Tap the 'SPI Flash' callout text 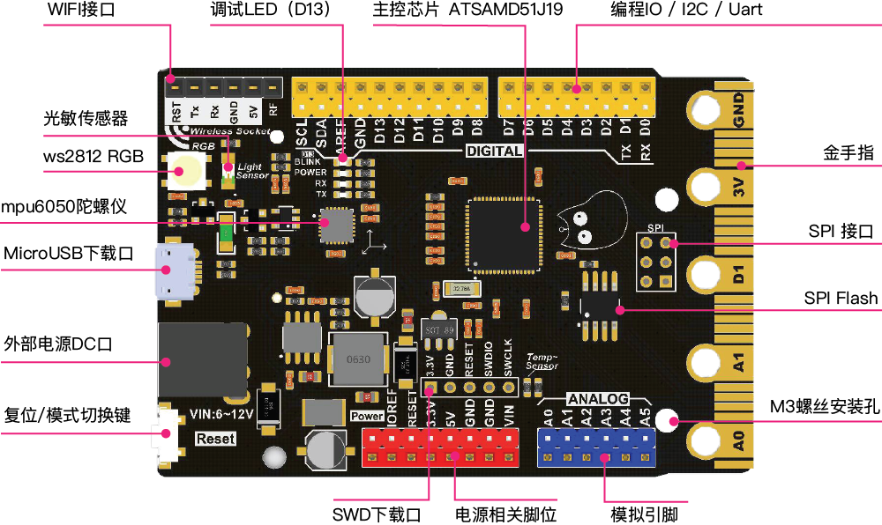click(x=841, y=298)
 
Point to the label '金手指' click(x=849, y=152)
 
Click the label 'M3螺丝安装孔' click(x=824, y=407)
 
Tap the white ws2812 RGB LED click(x=188, y=168)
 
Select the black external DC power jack click(x=199, y=359)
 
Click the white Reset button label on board click(x=215, y=438)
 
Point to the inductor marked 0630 click(x=357, y=359)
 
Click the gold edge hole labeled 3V click(x=706, y=185)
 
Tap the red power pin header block click(x=438, y=447)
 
